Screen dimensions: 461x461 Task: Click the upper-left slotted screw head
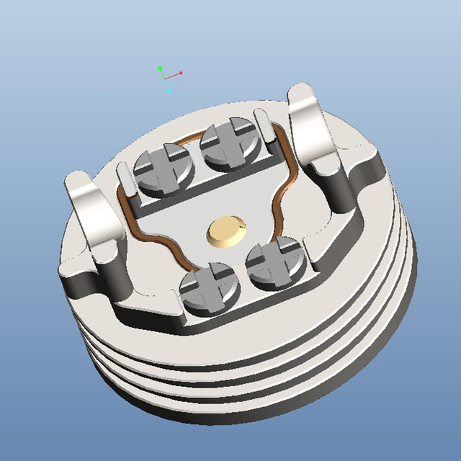click(x=164, y=169)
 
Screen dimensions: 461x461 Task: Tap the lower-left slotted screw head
click(x=208, y=290)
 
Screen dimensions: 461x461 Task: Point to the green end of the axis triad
click(x=160, y=68)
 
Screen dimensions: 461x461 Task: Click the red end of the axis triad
click(x=181, y=73)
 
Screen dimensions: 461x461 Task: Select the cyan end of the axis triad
click(x=169, y=91)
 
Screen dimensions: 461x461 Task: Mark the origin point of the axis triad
click(x=164, y=76)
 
